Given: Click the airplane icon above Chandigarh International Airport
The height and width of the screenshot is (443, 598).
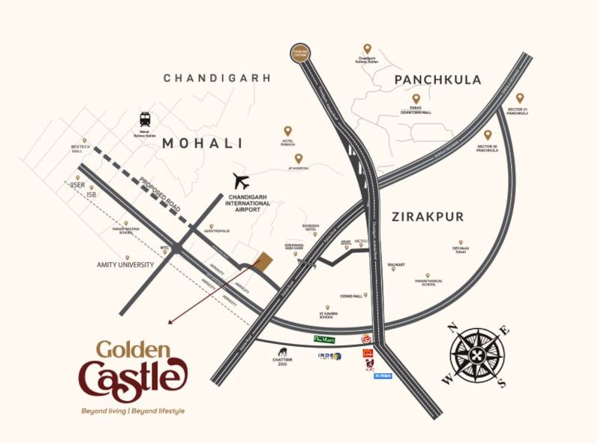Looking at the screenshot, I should (x=241, y=181).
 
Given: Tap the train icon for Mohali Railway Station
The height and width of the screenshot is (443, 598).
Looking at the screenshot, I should (x=145, y=119).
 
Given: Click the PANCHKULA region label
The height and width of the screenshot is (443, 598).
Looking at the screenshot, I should (x=437, y=80).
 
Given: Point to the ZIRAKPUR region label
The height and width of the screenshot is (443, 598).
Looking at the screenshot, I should (x=428, y=217).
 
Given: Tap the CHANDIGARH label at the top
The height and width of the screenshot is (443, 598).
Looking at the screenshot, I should (x=217, y=77).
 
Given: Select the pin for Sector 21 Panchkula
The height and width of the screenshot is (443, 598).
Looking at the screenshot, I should (x=519, y=98).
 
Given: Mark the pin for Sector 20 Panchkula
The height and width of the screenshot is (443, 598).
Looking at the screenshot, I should (x=488, y=135).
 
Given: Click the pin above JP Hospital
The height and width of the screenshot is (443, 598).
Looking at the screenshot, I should (x=299, y=158).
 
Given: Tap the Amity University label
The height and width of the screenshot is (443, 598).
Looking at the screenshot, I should (x=125, y=265).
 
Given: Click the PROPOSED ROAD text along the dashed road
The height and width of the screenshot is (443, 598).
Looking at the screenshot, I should (x=162, y=191).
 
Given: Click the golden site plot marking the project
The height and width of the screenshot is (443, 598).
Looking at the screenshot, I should (x=263, y=261).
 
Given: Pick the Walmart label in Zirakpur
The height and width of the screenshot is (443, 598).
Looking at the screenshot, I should (x=395, y=265).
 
